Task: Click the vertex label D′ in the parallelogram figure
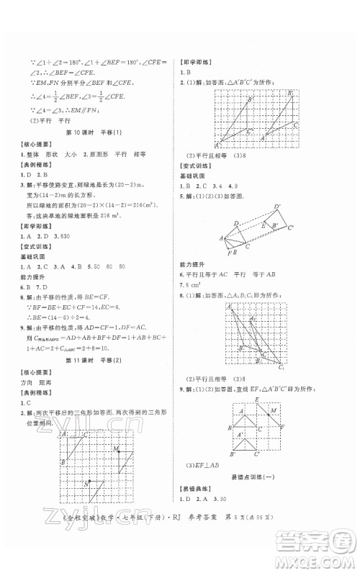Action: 277,208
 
